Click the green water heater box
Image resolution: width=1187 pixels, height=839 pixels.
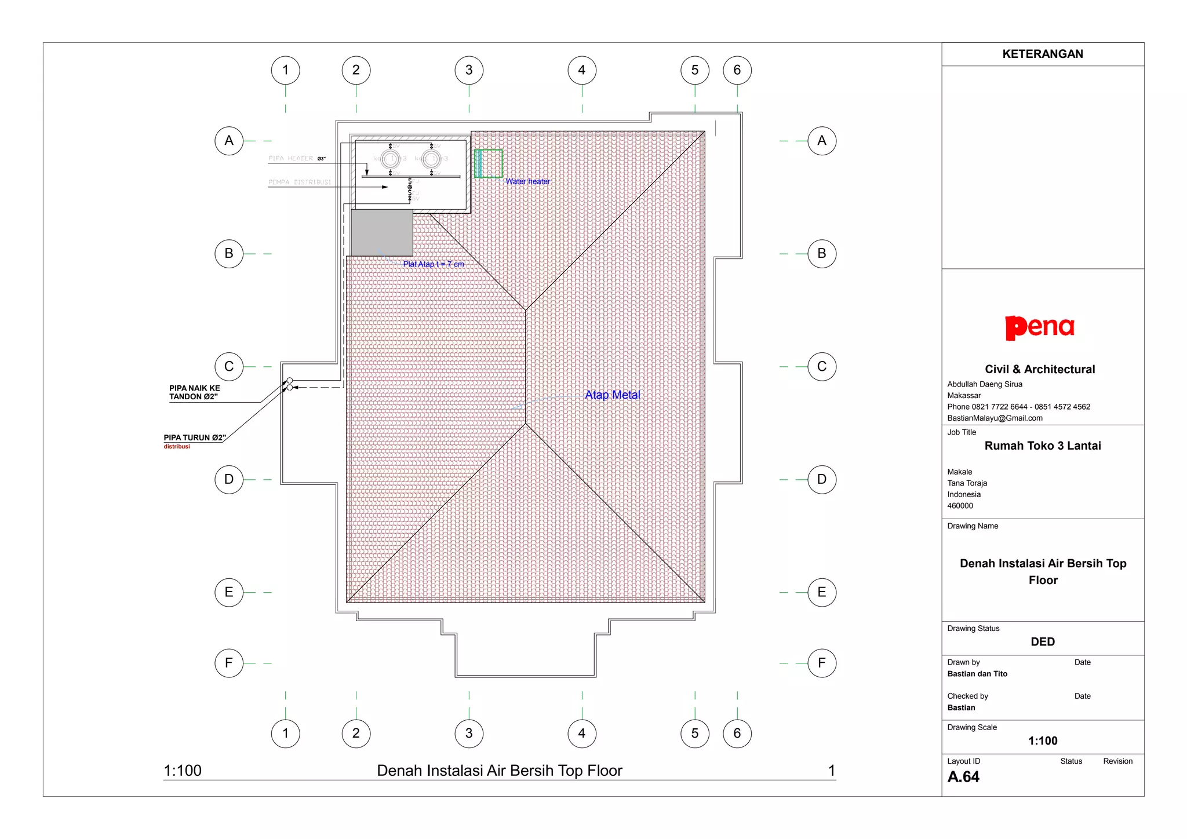coord(489,163)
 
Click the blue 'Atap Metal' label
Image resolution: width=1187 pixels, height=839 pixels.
coord(612,395)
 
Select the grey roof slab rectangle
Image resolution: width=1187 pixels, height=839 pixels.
coord(382,232)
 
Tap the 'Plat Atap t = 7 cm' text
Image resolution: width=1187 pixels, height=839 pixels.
coord(434,264)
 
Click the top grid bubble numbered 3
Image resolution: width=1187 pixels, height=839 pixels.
coord(469,70)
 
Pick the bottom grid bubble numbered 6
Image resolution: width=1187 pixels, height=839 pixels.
coord(737,734)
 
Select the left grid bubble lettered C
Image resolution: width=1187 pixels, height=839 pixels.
coord(229,367)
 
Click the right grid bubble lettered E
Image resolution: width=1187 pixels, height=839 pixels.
coord(821,592)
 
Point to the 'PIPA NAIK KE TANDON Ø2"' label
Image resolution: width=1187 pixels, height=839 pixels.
coord(195,392)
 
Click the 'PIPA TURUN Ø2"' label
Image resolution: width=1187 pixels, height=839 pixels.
coord(195,437)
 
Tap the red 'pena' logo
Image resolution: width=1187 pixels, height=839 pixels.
coord(1040,328)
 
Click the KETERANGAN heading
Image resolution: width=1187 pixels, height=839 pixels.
coord(1042,54)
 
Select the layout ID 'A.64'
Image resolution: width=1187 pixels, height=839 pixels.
coord(963,777)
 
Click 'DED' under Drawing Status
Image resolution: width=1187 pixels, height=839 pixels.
coord(1042,641)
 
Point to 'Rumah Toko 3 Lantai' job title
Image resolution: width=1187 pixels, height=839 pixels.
coord(1042,446)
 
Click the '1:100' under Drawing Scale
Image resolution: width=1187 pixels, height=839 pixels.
coord(1042,740)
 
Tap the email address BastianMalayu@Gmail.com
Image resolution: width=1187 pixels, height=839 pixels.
coord(995,418)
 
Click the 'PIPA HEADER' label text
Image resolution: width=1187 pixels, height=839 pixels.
coord(291,158)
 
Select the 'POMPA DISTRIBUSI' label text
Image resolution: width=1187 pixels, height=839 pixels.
coord(300,182)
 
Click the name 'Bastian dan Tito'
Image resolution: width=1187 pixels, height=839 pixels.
coord(977,674)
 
